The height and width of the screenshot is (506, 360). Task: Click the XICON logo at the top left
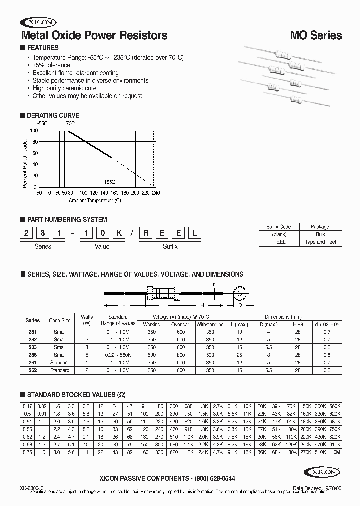click(38, 22)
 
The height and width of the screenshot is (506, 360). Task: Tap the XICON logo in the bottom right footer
click(322, 471)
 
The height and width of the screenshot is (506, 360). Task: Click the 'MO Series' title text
click(316, 35)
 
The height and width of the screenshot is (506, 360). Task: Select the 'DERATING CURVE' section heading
click(53, 115)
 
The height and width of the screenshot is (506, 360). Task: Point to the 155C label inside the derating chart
click(110, 182)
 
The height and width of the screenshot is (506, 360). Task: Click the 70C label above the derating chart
click(70, 123)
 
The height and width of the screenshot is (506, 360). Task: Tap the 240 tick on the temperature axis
click(156, 192)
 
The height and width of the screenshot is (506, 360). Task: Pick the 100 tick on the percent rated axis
click(34, 131)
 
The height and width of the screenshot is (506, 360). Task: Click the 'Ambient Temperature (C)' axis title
click(95, 200)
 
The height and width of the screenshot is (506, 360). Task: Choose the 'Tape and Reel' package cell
click(320, 242)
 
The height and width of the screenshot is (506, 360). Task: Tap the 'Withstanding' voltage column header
click(210, 324)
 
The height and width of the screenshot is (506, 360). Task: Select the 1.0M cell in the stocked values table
click(334, 452)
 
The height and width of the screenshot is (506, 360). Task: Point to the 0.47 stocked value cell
click(27, 406)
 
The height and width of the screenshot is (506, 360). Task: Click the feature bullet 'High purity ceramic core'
click(64, 88)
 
